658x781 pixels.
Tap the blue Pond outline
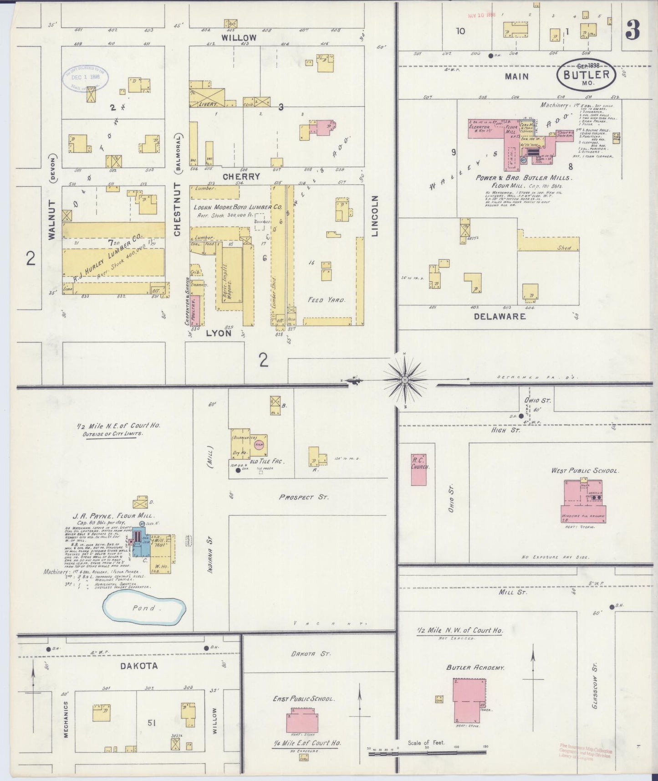(143, 608)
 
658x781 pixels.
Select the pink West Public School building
(583, 501)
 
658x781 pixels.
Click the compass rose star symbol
(404, 379)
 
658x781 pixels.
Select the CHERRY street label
(241, 176)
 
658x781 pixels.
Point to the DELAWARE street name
(500, 316)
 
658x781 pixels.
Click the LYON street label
(219, 333)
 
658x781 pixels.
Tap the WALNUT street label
(51, 219)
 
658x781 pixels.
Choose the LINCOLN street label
(375, 216)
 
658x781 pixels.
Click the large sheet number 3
(632, 30)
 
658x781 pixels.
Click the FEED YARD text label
(326, 300)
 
